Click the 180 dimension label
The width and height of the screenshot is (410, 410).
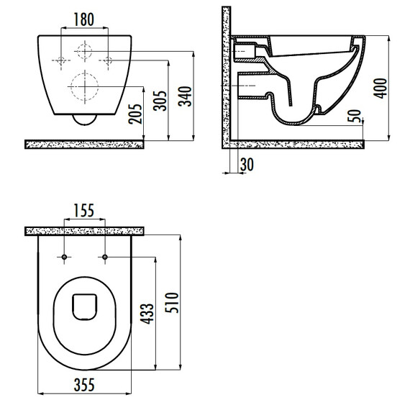click(x=84, y=19)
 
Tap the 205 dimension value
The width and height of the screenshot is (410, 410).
click(x=135, y=114)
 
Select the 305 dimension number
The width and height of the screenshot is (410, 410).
click(x=160, y=101)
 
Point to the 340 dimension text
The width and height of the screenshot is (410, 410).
click(x=185, y=96)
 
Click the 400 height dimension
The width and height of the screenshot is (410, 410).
click(x=381, y=88)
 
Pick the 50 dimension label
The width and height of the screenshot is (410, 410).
click(x=355, y=116)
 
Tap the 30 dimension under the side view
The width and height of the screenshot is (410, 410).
click(x=247, y=165)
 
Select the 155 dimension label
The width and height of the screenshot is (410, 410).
click(x=84, y=211)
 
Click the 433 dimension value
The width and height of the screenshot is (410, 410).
click(x=147, y=314)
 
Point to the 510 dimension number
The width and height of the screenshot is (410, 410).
click(x=172, y=303)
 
